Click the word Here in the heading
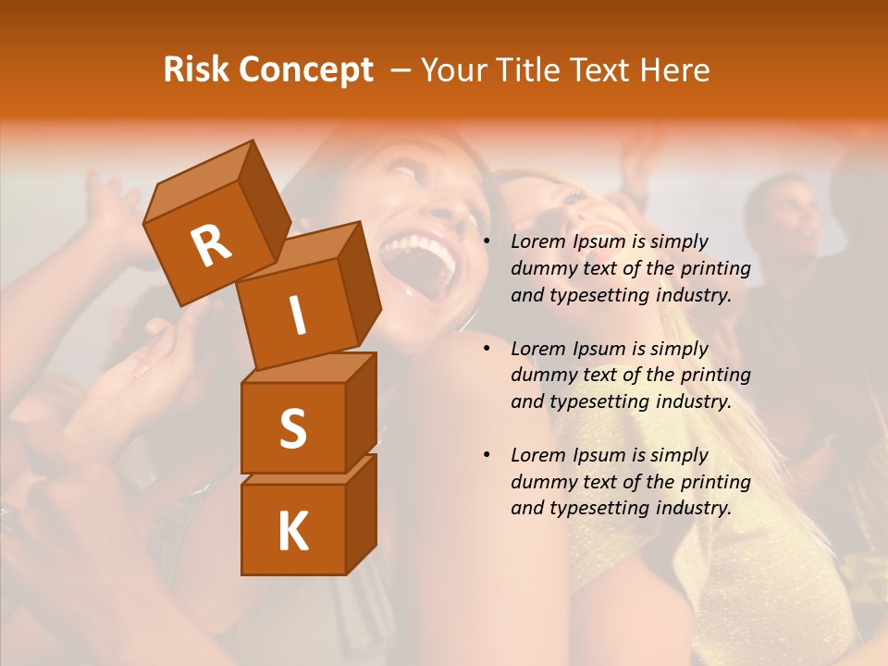[x=674, y=69]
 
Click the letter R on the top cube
[x=211, y=244]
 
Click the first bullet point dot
[x=487, y=242]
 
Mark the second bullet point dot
[x=487, y=349]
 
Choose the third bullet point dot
[x=487, y=455]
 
